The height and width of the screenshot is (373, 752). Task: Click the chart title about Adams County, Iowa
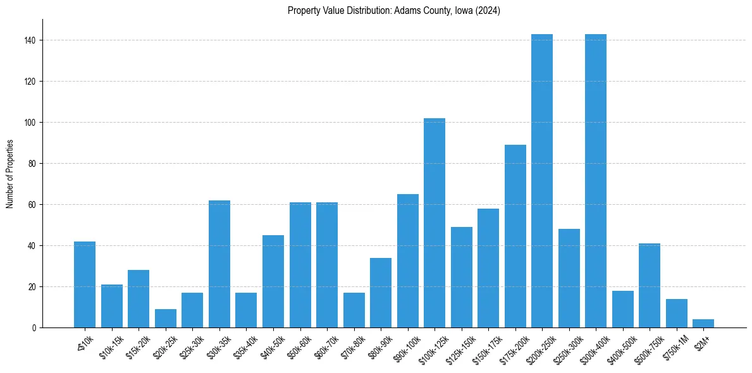[x=393, y=11]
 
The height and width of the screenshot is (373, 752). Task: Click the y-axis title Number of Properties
[x=10, y=174]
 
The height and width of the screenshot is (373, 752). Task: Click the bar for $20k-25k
[x=166, y=318]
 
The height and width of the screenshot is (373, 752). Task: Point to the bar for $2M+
[x=703, y=323]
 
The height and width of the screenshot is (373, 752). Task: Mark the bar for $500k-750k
[x=650, y=285]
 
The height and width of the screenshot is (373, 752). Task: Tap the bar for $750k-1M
[x=677, y=313]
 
